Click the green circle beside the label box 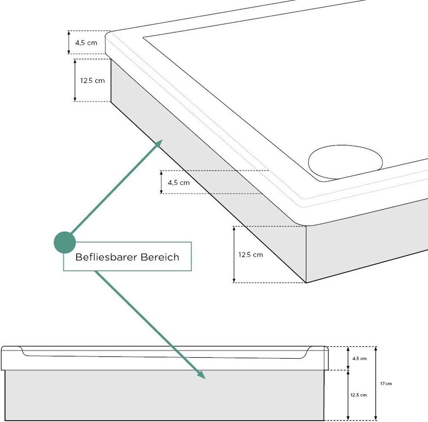click(65, 242)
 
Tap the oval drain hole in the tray click(345, 163)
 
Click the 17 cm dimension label click(386, 384)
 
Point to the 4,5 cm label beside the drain click(179, 183)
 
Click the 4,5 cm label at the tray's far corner click(86, 43)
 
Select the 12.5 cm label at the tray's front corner click(250, 254)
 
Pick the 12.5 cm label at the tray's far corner click(92, 80)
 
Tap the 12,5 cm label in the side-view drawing click(358, 395)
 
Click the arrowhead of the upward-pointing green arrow click(159, 143)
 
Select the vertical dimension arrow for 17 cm click(376, 384)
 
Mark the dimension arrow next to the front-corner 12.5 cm click(234, 254)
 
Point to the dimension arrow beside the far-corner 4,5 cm click(69, 43)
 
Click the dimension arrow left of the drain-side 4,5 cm click(161, 182)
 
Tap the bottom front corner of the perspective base click(306, 282)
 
